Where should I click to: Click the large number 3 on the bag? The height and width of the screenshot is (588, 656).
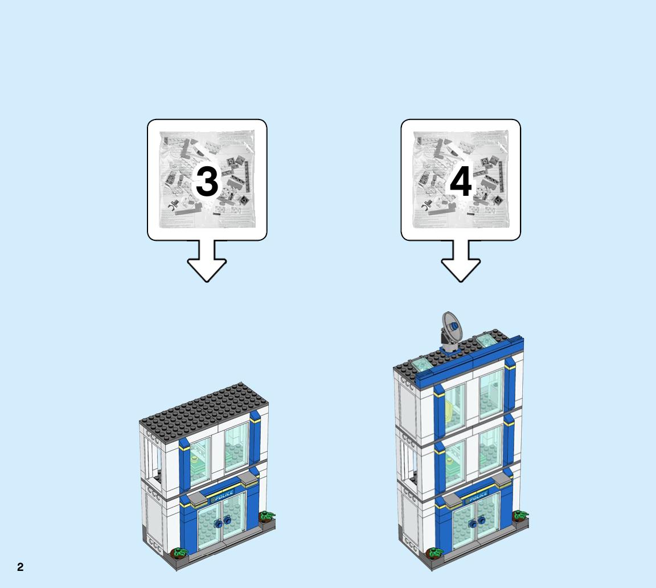207,182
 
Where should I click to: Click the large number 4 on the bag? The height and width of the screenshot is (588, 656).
461,182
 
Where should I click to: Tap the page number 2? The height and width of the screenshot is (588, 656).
20,567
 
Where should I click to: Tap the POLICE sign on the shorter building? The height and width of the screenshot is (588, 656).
222,496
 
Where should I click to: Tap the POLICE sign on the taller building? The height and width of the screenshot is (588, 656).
477,497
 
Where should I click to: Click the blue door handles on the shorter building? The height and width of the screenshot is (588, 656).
222,522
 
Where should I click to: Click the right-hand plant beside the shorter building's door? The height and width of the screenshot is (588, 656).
266,517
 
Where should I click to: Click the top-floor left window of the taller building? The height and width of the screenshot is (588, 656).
454,409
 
